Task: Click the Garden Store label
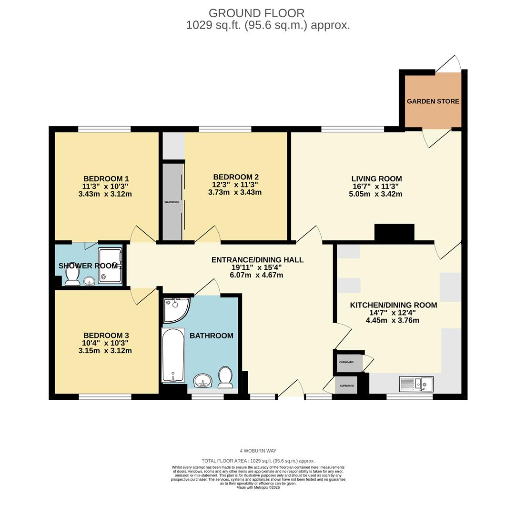click(433, 101)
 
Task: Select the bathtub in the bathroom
click(173, 355)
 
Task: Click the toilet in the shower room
click(72, 277)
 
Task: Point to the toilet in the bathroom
click(225, 377)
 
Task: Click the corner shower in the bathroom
click(174, 309)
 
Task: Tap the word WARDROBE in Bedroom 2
click(172, 202)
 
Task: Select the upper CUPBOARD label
click(346, 363)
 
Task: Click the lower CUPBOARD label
click(347, 385)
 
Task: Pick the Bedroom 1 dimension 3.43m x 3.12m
click(105, 194)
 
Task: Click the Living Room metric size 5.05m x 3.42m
click(376, 194)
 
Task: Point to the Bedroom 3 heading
click(106, 335)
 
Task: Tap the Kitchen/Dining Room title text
click(393, 305)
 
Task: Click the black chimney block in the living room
click(394, 233)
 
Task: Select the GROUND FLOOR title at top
click(256, 13)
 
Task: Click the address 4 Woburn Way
click(258, 451)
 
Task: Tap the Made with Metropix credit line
click(258, 487)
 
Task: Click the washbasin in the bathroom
click(202, 380)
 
